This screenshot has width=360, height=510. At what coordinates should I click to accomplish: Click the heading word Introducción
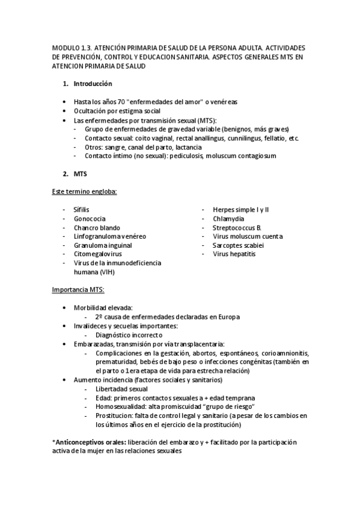click(92, 84)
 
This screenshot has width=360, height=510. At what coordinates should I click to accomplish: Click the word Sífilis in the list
click(81, 209)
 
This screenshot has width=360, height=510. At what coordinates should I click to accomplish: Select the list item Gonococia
click(90, 218)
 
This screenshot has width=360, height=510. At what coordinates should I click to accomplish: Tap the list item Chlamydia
click(228, 218)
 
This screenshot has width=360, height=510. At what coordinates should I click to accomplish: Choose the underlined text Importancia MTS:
click(78, 290)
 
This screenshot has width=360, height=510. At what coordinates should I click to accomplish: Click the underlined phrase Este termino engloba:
click(85, 191)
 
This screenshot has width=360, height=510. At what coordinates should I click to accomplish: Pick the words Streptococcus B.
click(237, 227)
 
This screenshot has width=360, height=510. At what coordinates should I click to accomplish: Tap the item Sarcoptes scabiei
click(238, 245)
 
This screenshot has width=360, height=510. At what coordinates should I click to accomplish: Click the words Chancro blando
click(97, 227)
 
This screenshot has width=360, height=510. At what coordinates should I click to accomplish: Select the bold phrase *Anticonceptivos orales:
click(87, 442)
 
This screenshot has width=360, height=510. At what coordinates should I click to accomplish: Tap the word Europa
click(230, 316)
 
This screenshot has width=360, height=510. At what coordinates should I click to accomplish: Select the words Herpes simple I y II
click(241, 209)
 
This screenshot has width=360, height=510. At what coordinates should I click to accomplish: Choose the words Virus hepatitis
click(234, 254)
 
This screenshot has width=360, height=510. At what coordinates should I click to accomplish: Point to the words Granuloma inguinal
click(103, 245)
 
